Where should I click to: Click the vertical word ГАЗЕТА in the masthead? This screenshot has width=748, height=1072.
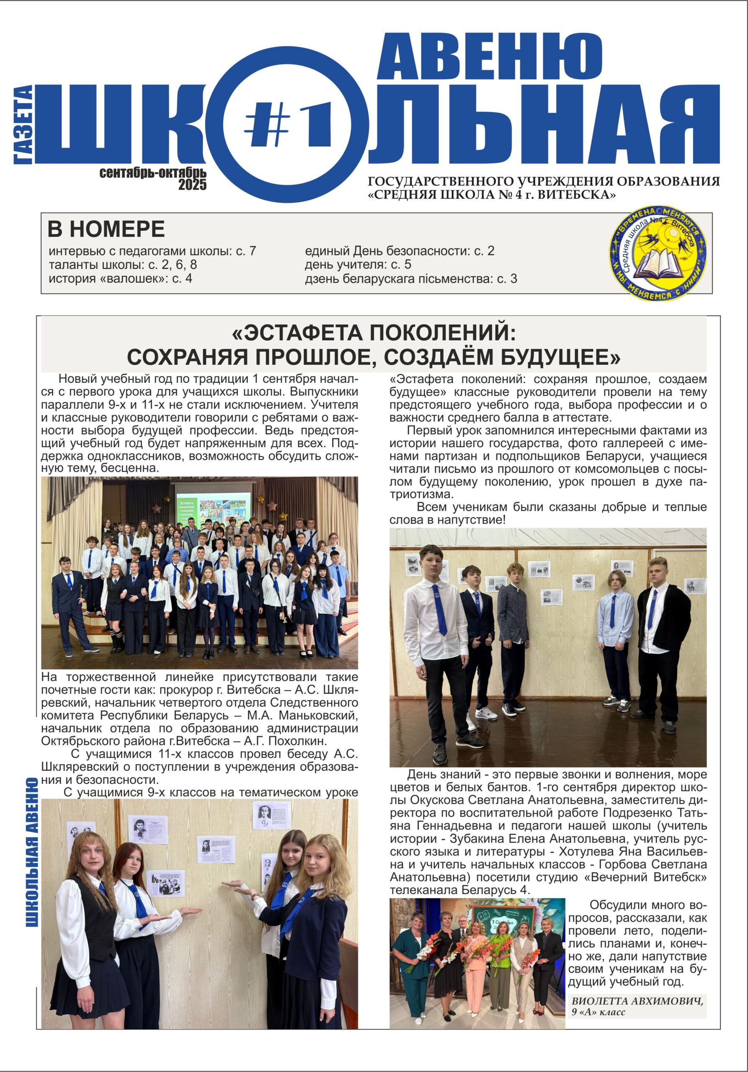(x=23, y=125)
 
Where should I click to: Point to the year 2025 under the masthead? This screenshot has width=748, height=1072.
(x=192, y=185)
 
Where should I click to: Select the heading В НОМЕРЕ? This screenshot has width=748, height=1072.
(x=106, y=229)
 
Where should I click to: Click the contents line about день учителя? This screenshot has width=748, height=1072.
(x=358, y=265)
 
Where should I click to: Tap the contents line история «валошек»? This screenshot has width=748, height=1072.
(x=120, y=279)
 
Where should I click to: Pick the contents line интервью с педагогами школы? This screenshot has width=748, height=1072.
(x=152, y=251)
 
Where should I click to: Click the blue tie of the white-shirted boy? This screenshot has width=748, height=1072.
(x=439, y=609)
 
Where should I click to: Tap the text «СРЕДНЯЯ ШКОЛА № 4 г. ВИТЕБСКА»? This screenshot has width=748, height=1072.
(x=492, y=195)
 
